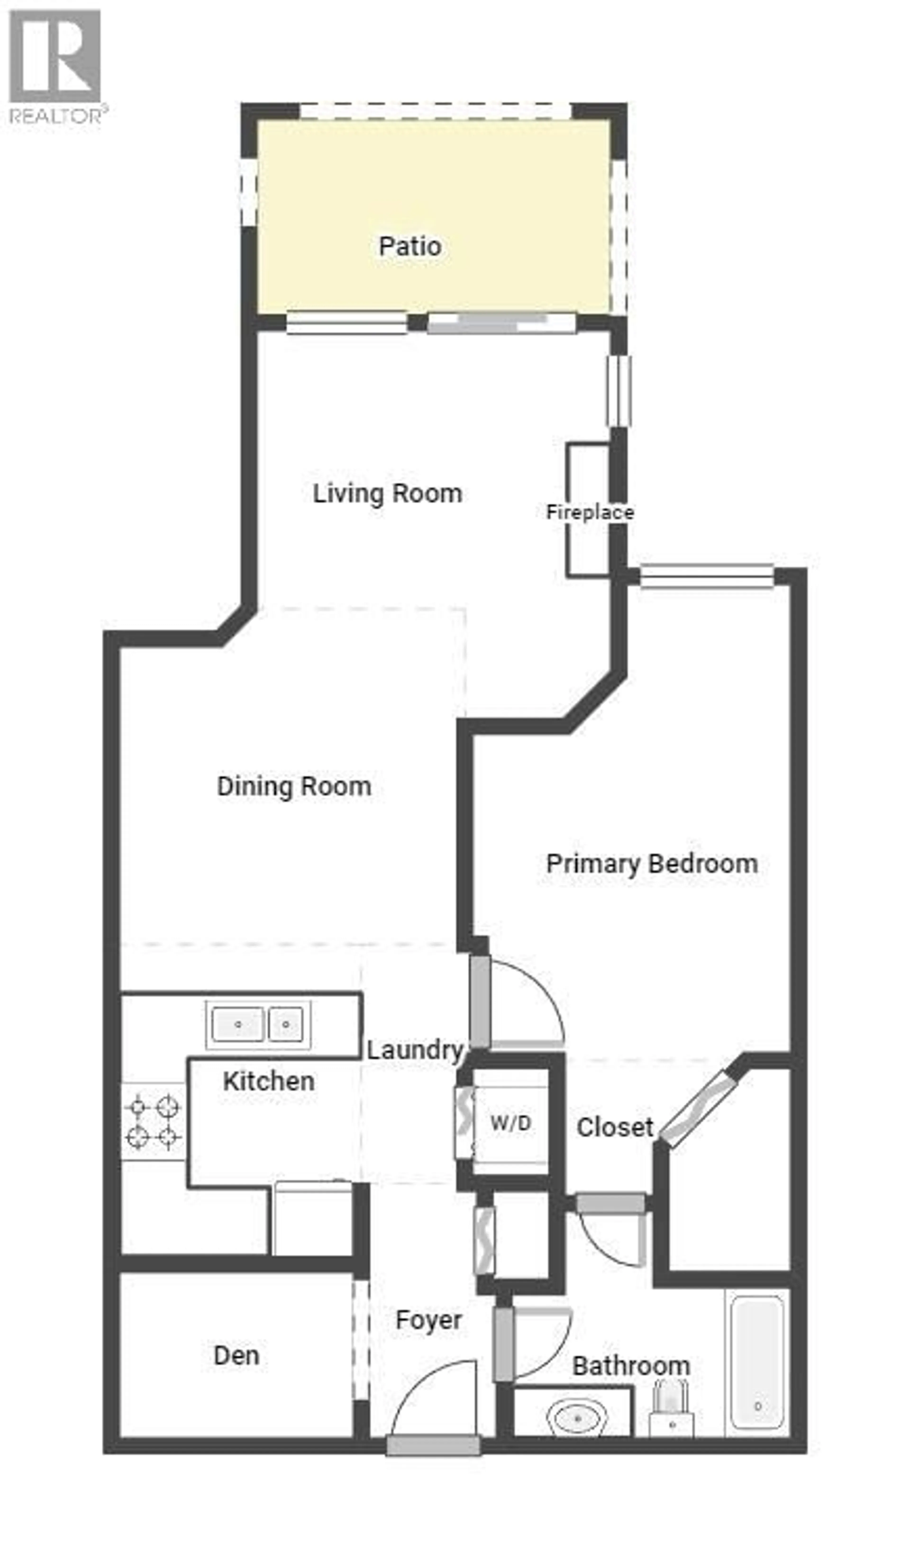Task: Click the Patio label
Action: coord(409,247)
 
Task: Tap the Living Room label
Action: coord(387,494)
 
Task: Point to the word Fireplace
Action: coord(590,512)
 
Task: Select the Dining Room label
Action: coord(294,787)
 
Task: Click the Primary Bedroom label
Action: coord(652,864)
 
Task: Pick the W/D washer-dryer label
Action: coord(510,1123)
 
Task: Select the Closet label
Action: coord(615,1128)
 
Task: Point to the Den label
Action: coord(236,1356)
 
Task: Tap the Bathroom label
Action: coord(631,1366)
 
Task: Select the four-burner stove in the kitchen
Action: coord(153,1122)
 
